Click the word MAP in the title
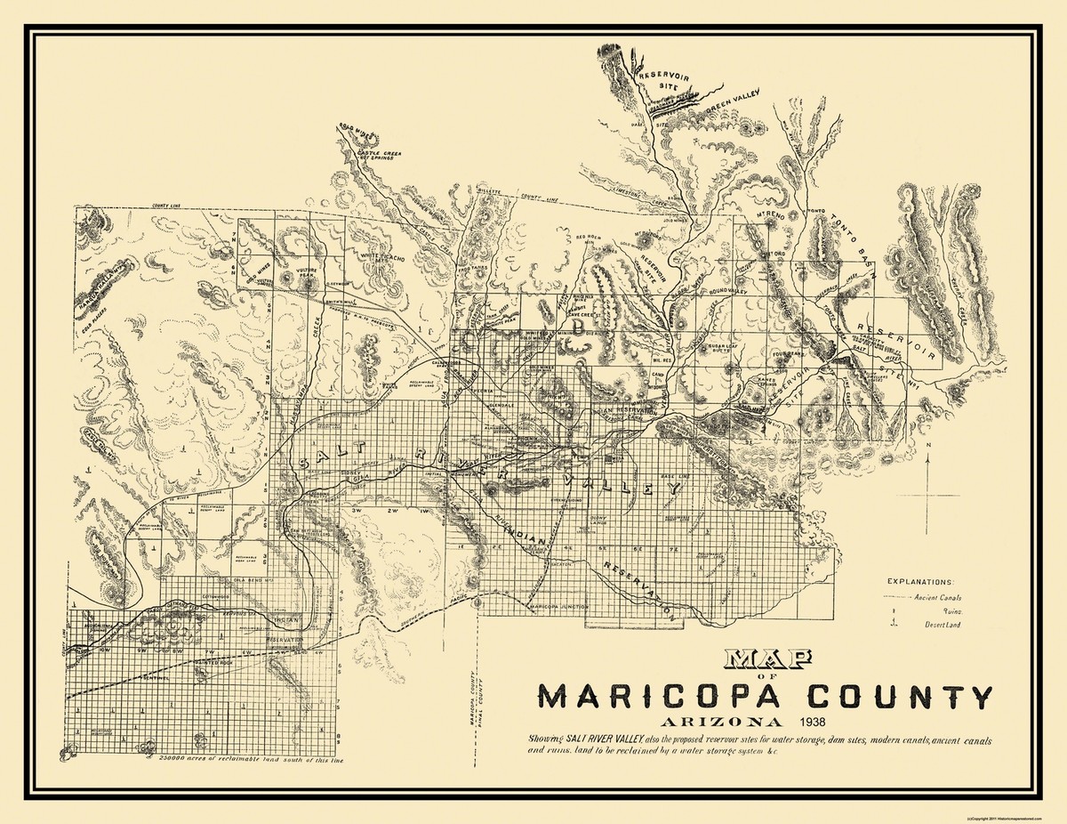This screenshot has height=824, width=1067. pos(768,659)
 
